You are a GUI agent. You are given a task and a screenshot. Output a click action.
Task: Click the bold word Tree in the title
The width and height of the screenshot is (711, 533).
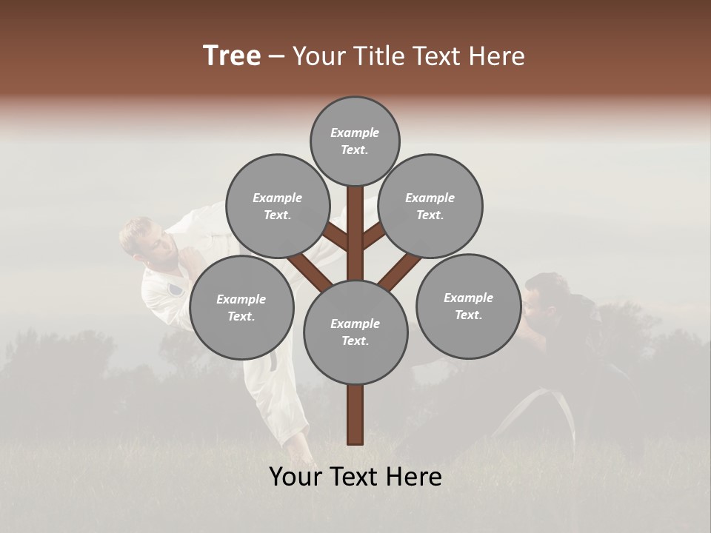pyautogui.click(x=232, y=56)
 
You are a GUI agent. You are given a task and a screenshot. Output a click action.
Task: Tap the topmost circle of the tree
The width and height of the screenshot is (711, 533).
pyautogui.click(x=355, y=141)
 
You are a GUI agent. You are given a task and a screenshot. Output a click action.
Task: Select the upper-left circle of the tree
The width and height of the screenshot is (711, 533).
pyautogui.click(x=277, y=206)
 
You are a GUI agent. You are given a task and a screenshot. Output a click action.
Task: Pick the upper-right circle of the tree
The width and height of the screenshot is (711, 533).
pyautogui.click(x=430, y=206)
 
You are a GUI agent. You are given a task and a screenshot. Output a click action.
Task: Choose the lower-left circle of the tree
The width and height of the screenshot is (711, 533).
pyautogui.click(x=241, y=307)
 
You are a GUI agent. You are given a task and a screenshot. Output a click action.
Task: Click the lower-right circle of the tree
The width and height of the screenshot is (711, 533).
pyautogui.click(x=468, y=306)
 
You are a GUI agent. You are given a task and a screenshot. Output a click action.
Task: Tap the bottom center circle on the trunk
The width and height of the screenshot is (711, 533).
pyautogui.click(x=355, y=332)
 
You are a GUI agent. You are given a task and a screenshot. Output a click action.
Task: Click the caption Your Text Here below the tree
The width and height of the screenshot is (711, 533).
pyautogui.click(x=355, y=477)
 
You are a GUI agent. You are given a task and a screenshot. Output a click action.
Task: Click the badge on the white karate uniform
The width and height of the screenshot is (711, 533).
pyautogui.click(x=175, y=289)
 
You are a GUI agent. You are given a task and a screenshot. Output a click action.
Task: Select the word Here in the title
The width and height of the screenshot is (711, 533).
pyautogui.click(x=498, y=56)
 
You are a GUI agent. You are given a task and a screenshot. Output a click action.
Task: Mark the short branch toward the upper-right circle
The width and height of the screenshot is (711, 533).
pyautogui.click(x=373, y=236)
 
